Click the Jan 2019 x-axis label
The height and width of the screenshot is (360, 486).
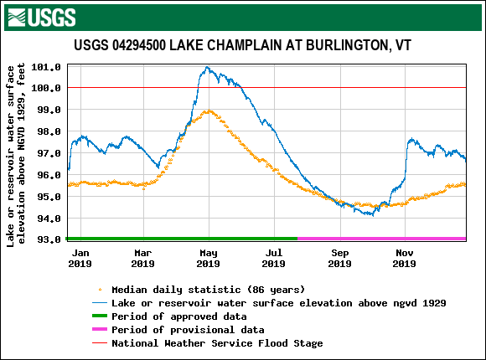coord(80,258)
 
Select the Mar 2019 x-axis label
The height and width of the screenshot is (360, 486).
coord(142,258)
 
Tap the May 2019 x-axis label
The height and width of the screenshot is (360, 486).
coord(209,258)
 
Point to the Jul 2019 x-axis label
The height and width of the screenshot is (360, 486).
coord(274,258)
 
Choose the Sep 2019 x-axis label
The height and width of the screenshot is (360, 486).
coord(339,258)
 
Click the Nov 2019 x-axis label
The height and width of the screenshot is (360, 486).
coord(405,258)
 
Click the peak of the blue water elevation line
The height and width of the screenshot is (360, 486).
coord(207,68)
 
